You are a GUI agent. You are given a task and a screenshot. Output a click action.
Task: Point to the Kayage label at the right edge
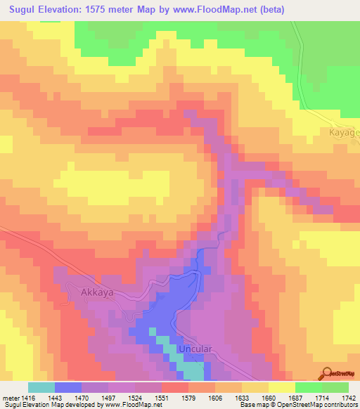coord(345,131)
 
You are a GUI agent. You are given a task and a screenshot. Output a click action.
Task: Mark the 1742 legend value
coord(348,398)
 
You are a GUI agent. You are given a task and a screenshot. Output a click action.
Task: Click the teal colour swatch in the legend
coord(41,387)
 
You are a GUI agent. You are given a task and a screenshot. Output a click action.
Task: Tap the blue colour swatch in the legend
coord(67,387)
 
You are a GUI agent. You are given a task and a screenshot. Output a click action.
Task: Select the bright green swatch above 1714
coord(308,387)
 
